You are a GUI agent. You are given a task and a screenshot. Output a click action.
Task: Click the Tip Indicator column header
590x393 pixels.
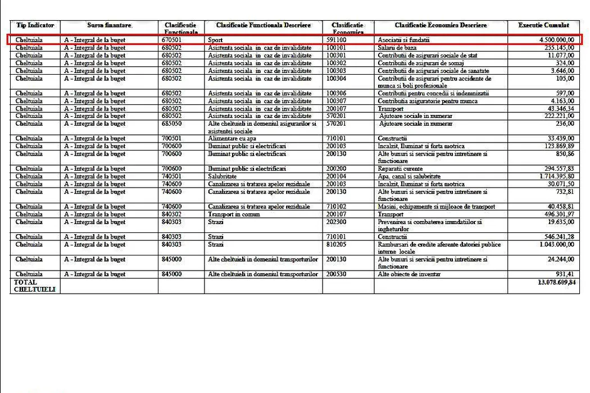coord(35,26)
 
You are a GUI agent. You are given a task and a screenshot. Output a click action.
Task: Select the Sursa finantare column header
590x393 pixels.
coord(109,26)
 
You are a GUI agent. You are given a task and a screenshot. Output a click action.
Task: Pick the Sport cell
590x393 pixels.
coord(215,40)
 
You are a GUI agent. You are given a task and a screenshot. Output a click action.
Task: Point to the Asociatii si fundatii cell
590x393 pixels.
coord(403,40)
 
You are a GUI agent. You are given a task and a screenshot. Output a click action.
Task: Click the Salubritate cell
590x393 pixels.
coord(223,176)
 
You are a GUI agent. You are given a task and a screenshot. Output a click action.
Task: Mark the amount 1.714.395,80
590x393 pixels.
coord(553,176)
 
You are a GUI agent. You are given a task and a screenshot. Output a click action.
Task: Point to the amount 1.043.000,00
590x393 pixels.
coord(553,245)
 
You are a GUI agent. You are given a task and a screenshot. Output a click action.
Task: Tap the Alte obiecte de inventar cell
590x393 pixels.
coord(409,275)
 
